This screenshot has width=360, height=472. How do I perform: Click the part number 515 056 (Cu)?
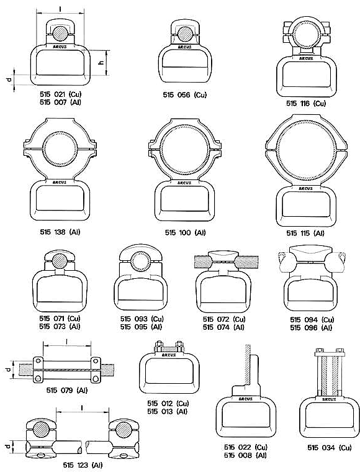tap(185, 95)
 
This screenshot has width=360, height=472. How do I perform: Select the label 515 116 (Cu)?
tap(306, 104)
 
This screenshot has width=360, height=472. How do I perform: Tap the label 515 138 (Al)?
tap(60, 232)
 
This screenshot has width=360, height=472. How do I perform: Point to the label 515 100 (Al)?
tap(185, 233)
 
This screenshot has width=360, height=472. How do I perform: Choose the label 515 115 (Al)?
tap(305, 234)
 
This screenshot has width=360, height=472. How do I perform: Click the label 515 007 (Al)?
tap(60, 102)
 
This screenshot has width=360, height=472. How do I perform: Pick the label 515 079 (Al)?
tap(67, 391)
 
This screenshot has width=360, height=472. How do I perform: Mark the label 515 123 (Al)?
tap(83, 465)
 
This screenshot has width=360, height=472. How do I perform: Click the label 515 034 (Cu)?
tap(330, 448)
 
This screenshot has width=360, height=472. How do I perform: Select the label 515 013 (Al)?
tap(167, 412)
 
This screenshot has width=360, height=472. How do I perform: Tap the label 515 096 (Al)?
tap(311, 328)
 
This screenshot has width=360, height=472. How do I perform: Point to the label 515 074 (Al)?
tap(223, 327)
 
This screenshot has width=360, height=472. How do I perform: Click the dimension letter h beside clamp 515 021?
tap(101, 62)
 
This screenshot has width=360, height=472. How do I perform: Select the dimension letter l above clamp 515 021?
tap(60, 9)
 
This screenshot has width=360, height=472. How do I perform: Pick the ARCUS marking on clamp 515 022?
tap(245, 399)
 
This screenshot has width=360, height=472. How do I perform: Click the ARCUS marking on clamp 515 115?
tap(305, 189)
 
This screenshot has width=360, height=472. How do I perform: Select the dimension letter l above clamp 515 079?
tap(66, 342)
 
